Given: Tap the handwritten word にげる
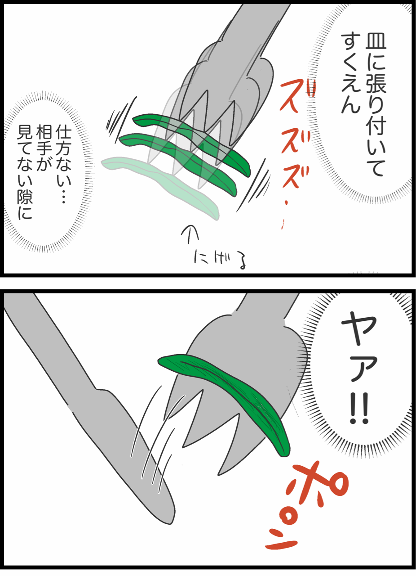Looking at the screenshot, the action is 221,260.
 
